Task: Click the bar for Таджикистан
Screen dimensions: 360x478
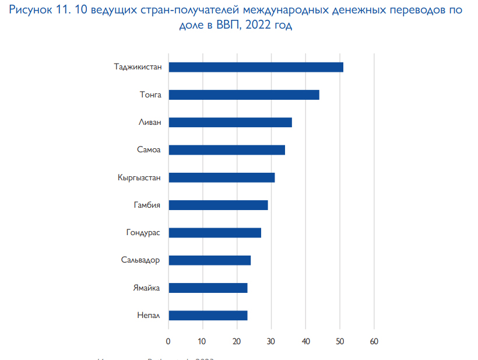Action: pyautogui.click(x=255, y=67)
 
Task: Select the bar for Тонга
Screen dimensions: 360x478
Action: pyautogui.click(x=244, y=95)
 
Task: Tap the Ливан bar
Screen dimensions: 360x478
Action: pyautogui.click(x=230, y=123)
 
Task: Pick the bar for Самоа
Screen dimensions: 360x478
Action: pyautogui.click(x=226, y=150)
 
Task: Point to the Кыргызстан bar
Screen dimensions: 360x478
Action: pyautogui.click(x=221, y=177)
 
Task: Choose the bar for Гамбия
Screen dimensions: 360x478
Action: pyautogui.click(x=217, y=205)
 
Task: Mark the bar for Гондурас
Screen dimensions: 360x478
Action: pyautogui.click(x=214, y=233)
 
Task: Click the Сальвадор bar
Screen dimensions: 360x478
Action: pyautogui.click(x=209, y=260)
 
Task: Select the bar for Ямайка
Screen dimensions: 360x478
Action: pyautogui.click(x=208, y=288)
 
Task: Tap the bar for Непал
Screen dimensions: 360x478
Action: pyautogui.click(x=208, y=316)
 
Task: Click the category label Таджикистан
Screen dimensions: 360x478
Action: pyautogui.click(x=138, y=67)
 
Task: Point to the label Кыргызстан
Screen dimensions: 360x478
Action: pyautogui.click(x=139, y=177)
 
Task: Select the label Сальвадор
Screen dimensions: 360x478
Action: pyautogui.click(x=141, y=260)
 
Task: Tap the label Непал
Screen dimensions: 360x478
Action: pyautogui.click(x=149, y=316)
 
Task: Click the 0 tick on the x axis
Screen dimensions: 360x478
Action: pyautogui.click(x=168, y=341)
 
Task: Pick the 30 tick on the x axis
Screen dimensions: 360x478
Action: pyautogui.click(x=271, y=341)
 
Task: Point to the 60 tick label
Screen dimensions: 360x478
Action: pyautogui.click(x=374, y=341)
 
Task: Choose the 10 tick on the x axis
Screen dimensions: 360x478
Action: pyautogui.click(x=202, y=341)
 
